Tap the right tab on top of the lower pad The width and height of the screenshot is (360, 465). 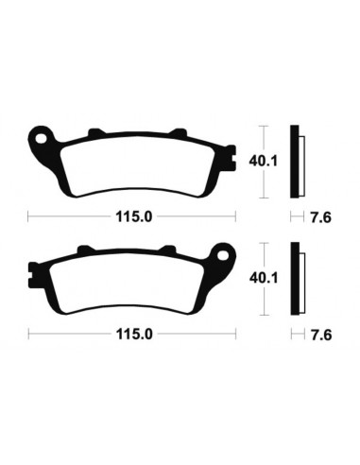click(170, 250)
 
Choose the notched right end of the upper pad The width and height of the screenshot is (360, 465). click(231, 161)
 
